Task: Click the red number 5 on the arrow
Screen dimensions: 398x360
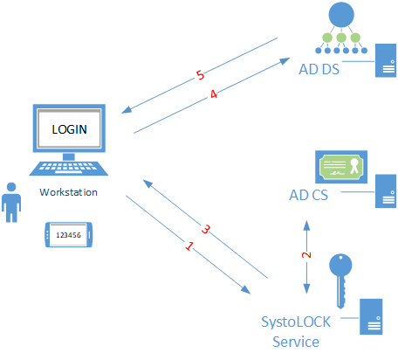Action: tap(200, 75)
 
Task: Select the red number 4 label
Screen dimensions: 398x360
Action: tap(214, 94)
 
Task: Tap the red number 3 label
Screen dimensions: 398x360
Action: tap(206, 229)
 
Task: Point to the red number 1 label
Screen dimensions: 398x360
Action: tap(189, 246)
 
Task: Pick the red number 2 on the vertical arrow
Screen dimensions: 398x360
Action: tap(306, 255)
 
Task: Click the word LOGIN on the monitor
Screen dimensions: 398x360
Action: tap(69, 129)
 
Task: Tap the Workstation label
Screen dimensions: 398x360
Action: tap(68, 192)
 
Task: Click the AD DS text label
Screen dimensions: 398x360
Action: tap(319, 69)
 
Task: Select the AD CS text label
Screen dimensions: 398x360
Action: tap(308, 195)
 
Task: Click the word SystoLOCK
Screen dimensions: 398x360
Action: tap(296, 322)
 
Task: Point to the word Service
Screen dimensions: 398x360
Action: tap(296, 342)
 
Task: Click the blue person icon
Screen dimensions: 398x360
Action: tap(11, 203)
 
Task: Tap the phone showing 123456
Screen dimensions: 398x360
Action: tap(69, 235)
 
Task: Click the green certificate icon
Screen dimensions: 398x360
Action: tap(341, 167)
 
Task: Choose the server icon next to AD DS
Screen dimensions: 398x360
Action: tap(386, 60)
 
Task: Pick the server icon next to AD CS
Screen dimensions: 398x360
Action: tap(386, 191)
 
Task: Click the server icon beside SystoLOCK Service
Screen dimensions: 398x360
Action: tap(371, 316)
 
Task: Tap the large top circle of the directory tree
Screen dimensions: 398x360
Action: tap(341, 15)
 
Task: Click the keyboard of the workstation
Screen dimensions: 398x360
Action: tap(69, 169)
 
